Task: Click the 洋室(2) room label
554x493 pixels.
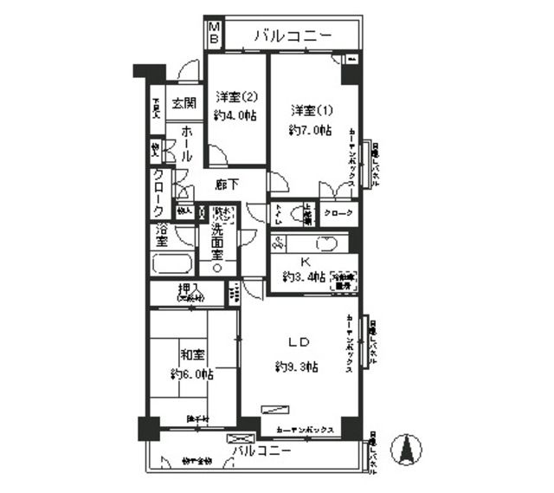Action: pyautogui.click(x=236, y=96)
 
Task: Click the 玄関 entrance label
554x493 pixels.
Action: pyautogui.click(x=183, y=103)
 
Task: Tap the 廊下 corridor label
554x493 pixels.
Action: pyautogui.click(x=227, y=184)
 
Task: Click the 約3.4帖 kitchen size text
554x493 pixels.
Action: pyautogui.click(x=303, y=277)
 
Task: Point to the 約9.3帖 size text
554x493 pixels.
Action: pyautogui.click(x=297, y=367)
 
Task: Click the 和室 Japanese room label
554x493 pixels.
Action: pyautogui.click(x=192, y=355)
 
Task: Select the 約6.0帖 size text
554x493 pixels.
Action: pyautogui.click(x=190, y=373)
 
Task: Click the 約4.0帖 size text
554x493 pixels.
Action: pyautogui.click(x=236, y=115)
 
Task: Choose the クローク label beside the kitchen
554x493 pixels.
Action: pyautogui.click(x=337, y=213)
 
